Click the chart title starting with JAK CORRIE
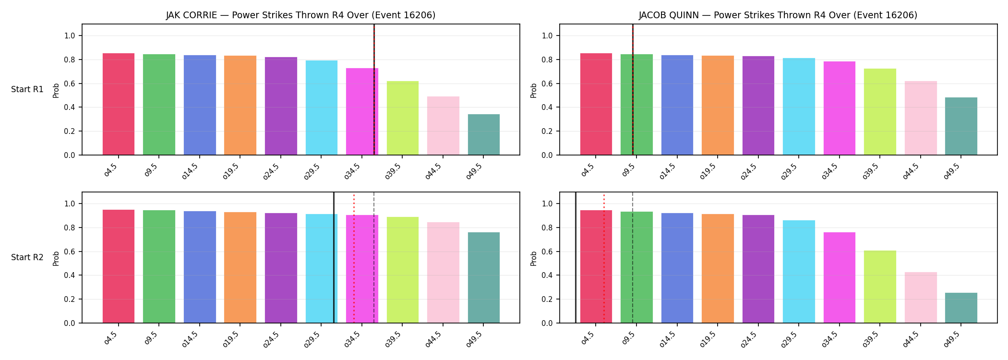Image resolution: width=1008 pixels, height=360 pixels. pyautogui.click(x=301, y=15)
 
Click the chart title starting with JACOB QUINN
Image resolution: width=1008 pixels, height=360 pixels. pyautogui.click(x=778, y=15)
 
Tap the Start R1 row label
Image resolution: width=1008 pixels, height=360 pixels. pyautogui.click(x=27, y=89)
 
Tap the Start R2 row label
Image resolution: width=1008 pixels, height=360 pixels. pyautogui.click(x=27, y=257)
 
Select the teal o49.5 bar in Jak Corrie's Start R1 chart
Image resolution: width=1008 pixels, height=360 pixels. pyautogui.click(x=484, y=134)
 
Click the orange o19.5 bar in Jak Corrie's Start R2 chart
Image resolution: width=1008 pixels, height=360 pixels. pyautogui.click(x=240, y=267)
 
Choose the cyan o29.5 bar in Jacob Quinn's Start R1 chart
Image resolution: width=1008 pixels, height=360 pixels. pyautogui.click(x=799, y=107)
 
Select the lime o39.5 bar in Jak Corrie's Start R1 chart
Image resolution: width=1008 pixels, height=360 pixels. pyautogui.click(x=403, y=118)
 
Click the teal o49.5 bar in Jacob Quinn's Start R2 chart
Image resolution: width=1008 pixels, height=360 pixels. pyautogui.click(x=961, y=308)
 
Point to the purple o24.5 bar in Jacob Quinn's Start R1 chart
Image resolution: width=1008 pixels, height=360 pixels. pyautogui.click(x=758, y=106)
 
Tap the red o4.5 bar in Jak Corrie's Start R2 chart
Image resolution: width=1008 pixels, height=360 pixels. pyautogui.click(x=119, y=266)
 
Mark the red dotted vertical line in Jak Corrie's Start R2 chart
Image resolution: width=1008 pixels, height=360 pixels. pyautogui.click(x=354, y=258)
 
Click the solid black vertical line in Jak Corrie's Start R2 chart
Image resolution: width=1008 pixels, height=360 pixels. pyautogui.click(x=334, y=257)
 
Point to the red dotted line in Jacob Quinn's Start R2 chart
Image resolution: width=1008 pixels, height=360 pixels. pyautogui.click(x=604, y=258)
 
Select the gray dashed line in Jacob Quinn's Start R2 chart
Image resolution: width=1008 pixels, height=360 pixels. pyautogui.click(x=633, y=257)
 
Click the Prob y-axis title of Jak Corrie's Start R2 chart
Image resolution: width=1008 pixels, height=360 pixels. pyautogui.click(x=56, y=258)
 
